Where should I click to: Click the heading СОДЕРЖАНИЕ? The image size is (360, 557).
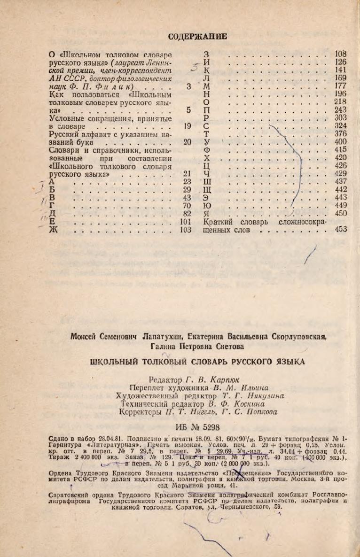pos(197,36)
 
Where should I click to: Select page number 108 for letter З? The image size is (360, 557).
pos(340,54)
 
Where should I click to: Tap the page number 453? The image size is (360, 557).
pos(340,230)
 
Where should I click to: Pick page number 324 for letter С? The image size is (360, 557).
pos(340,126)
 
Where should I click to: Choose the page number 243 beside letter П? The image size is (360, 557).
pos(340,110)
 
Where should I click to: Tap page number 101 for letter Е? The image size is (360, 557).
pos(187,222)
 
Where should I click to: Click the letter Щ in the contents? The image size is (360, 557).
pos(207,190)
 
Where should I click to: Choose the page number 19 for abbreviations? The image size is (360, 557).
pos(188,126)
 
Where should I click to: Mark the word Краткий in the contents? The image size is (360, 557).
pos(219,222)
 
